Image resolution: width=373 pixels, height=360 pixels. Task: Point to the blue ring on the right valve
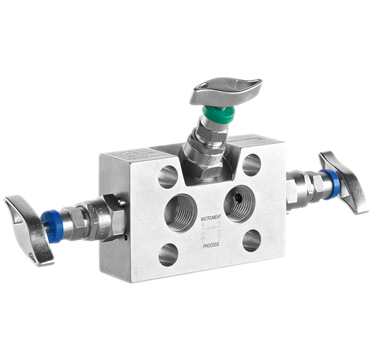(331, 183)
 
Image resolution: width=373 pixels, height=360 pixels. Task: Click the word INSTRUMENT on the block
(212, 219)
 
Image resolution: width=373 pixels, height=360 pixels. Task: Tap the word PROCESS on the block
(211, 244)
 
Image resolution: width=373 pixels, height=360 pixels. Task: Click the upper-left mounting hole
(169, 176)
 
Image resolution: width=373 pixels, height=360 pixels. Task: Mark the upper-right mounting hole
(251, 164)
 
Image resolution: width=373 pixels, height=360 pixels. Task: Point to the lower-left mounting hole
(168, 254)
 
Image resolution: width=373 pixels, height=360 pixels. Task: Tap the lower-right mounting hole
(252, 240)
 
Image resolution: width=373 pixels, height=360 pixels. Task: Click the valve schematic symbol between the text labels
(211, 232)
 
